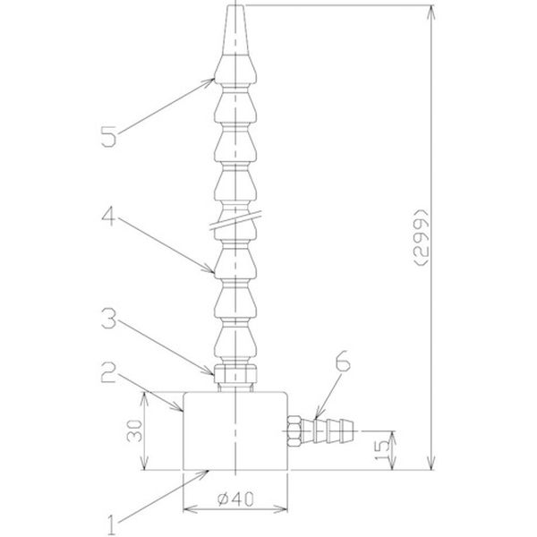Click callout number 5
click(x=109, y=137)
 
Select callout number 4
click(x=108, y=217)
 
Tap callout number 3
click(x=109, y=318)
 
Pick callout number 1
click(x=112, y=524)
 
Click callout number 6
click(x=343, y=361)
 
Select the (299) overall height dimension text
click(x=421, y=237)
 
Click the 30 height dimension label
click(x=134, y=430)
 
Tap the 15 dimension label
click(x=382, y=449)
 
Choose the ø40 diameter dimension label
click(x=235, y=499)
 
